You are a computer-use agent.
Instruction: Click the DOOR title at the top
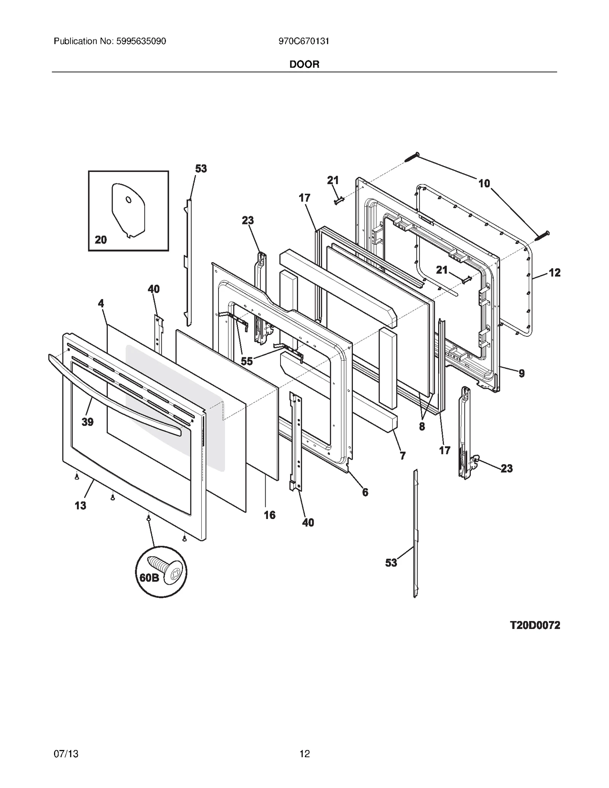coord(304,64)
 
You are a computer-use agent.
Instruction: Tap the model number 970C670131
coord(304,41)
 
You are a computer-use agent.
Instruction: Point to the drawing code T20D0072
coord(535,625)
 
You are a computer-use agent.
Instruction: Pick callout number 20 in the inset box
coord(100,240)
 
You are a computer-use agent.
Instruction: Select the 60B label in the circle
coord(149,578)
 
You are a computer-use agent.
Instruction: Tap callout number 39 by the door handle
coord(87,422)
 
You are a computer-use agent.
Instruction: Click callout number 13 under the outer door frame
coord(80,505)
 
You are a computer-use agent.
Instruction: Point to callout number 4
coord(100,303)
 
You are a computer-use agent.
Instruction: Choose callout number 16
coord(269,515)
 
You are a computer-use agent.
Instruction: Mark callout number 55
coord(247,361)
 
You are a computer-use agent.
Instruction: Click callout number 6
coord(365,492)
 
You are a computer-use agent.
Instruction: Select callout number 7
coord(402,455)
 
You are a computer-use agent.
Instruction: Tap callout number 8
coord(422,427)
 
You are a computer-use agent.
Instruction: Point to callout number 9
coord(521,373)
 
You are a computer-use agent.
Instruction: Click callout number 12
coord(555,272)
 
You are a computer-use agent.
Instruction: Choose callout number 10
coord(484,183)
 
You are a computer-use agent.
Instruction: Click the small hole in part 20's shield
coord(129,199)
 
